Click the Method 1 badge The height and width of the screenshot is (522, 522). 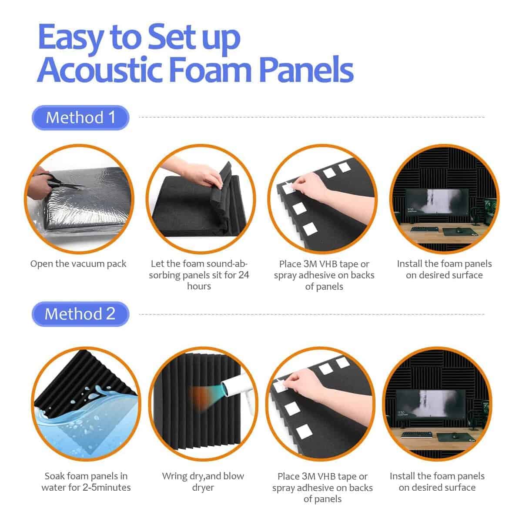(x=80, y=117)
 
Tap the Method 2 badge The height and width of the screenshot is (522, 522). (x=80, y=314)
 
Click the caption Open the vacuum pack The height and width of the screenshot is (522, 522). (x=78, y=264)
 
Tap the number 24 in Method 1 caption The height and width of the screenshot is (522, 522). (x=244, y=275)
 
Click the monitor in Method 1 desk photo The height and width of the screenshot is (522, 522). (x=436, y=205)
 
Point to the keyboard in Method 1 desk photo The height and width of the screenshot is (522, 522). (x=424, y=229)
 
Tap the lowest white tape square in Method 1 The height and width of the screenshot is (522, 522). (x=310, y=229)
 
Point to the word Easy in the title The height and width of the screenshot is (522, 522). (x=71, y=38)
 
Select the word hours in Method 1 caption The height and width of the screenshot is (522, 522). (x=199, y=286)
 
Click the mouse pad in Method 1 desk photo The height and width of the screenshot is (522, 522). (x=458, y=231)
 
